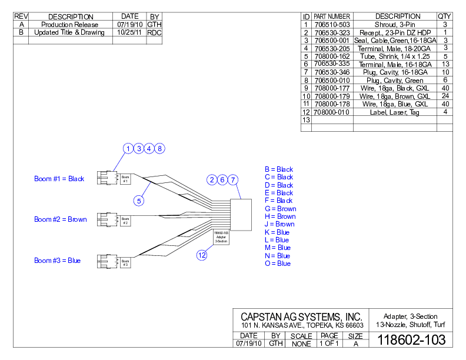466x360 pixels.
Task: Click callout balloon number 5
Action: [139, 201]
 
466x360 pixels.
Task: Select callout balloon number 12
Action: [202, 255]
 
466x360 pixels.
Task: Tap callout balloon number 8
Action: [160, 148]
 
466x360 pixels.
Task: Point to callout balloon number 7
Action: [233, 179]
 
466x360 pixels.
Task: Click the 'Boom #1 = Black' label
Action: [59, 179]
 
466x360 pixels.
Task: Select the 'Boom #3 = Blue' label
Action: [57, 261]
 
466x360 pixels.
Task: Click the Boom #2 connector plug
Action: [106, 220]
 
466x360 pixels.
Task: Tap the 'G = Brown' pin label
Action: [280, 209]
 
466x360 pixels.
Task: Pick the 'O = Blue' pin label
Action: [278, 264]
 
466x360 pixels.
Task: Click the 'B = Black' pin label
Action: [279, 169]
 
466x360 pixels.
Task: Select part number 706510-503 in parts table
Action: [332, 25]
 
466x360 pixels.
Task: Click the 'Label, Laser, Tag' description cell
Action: [394, 112]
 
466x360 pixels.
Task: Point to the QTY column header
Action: [444, 16]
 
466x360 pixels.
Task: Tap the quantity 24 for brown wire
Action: [445, 96]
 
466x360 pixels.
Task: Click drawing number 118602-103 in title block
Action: [411, 340]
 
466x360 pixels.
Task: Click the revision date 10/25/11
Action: [129, 33]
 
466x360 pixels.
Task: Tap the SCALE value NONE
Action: [301, 344]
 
